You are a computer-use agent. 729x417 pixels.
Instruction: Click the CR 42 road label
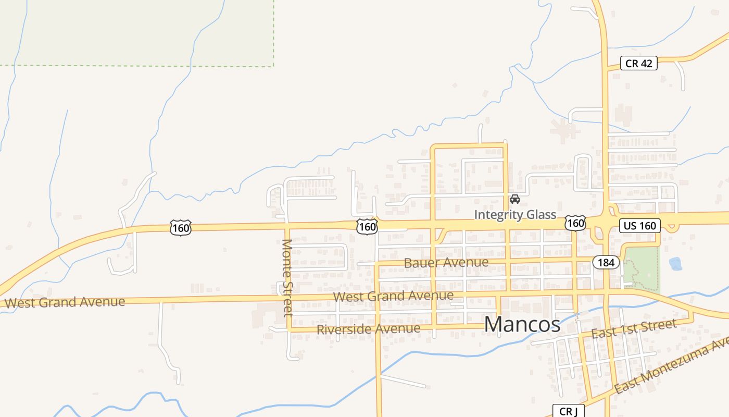(639, 64)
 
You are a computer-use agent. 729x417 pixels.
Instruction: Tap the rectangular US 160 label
(640, 226)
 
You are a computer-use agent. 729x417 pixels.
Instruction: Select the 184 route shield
(606, 262)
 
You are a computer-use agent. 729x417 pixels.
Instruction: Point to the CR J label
(569, 411)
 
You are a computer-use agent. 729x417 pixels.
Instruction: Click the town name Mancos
(522, 324)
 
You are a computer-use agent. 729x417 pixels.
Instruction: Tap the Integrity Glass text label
(515, 215)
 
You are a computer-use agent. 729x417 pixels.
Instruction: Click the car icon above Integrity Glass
(515, 199)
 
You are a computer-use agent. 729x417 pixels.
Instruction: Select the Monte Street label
(287, 277)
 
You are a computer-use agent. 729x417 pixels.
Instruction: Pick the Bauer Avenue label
(446, 262)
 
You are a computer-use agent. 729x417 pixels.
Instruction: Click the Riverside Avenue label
(368, 329)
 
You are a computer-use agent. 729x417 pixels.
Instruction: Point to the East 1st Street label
(634, 328)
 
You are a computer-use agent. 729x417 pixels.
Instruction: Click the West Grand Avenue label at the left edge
(65, 302)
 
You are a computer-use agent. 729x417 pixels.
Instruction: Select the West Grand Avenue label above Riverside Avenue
(393, 296)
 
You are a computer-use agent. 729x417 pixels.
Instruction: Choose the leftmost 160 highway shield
(180, 228)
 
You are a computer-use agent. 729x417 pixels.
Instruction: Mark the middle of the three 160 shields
(367, 227)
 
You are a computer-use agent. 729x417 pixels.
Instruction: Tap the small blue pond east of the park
(675, 264)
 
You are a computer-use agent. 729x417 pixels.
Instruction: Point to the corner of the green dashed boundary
(274, 66)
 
